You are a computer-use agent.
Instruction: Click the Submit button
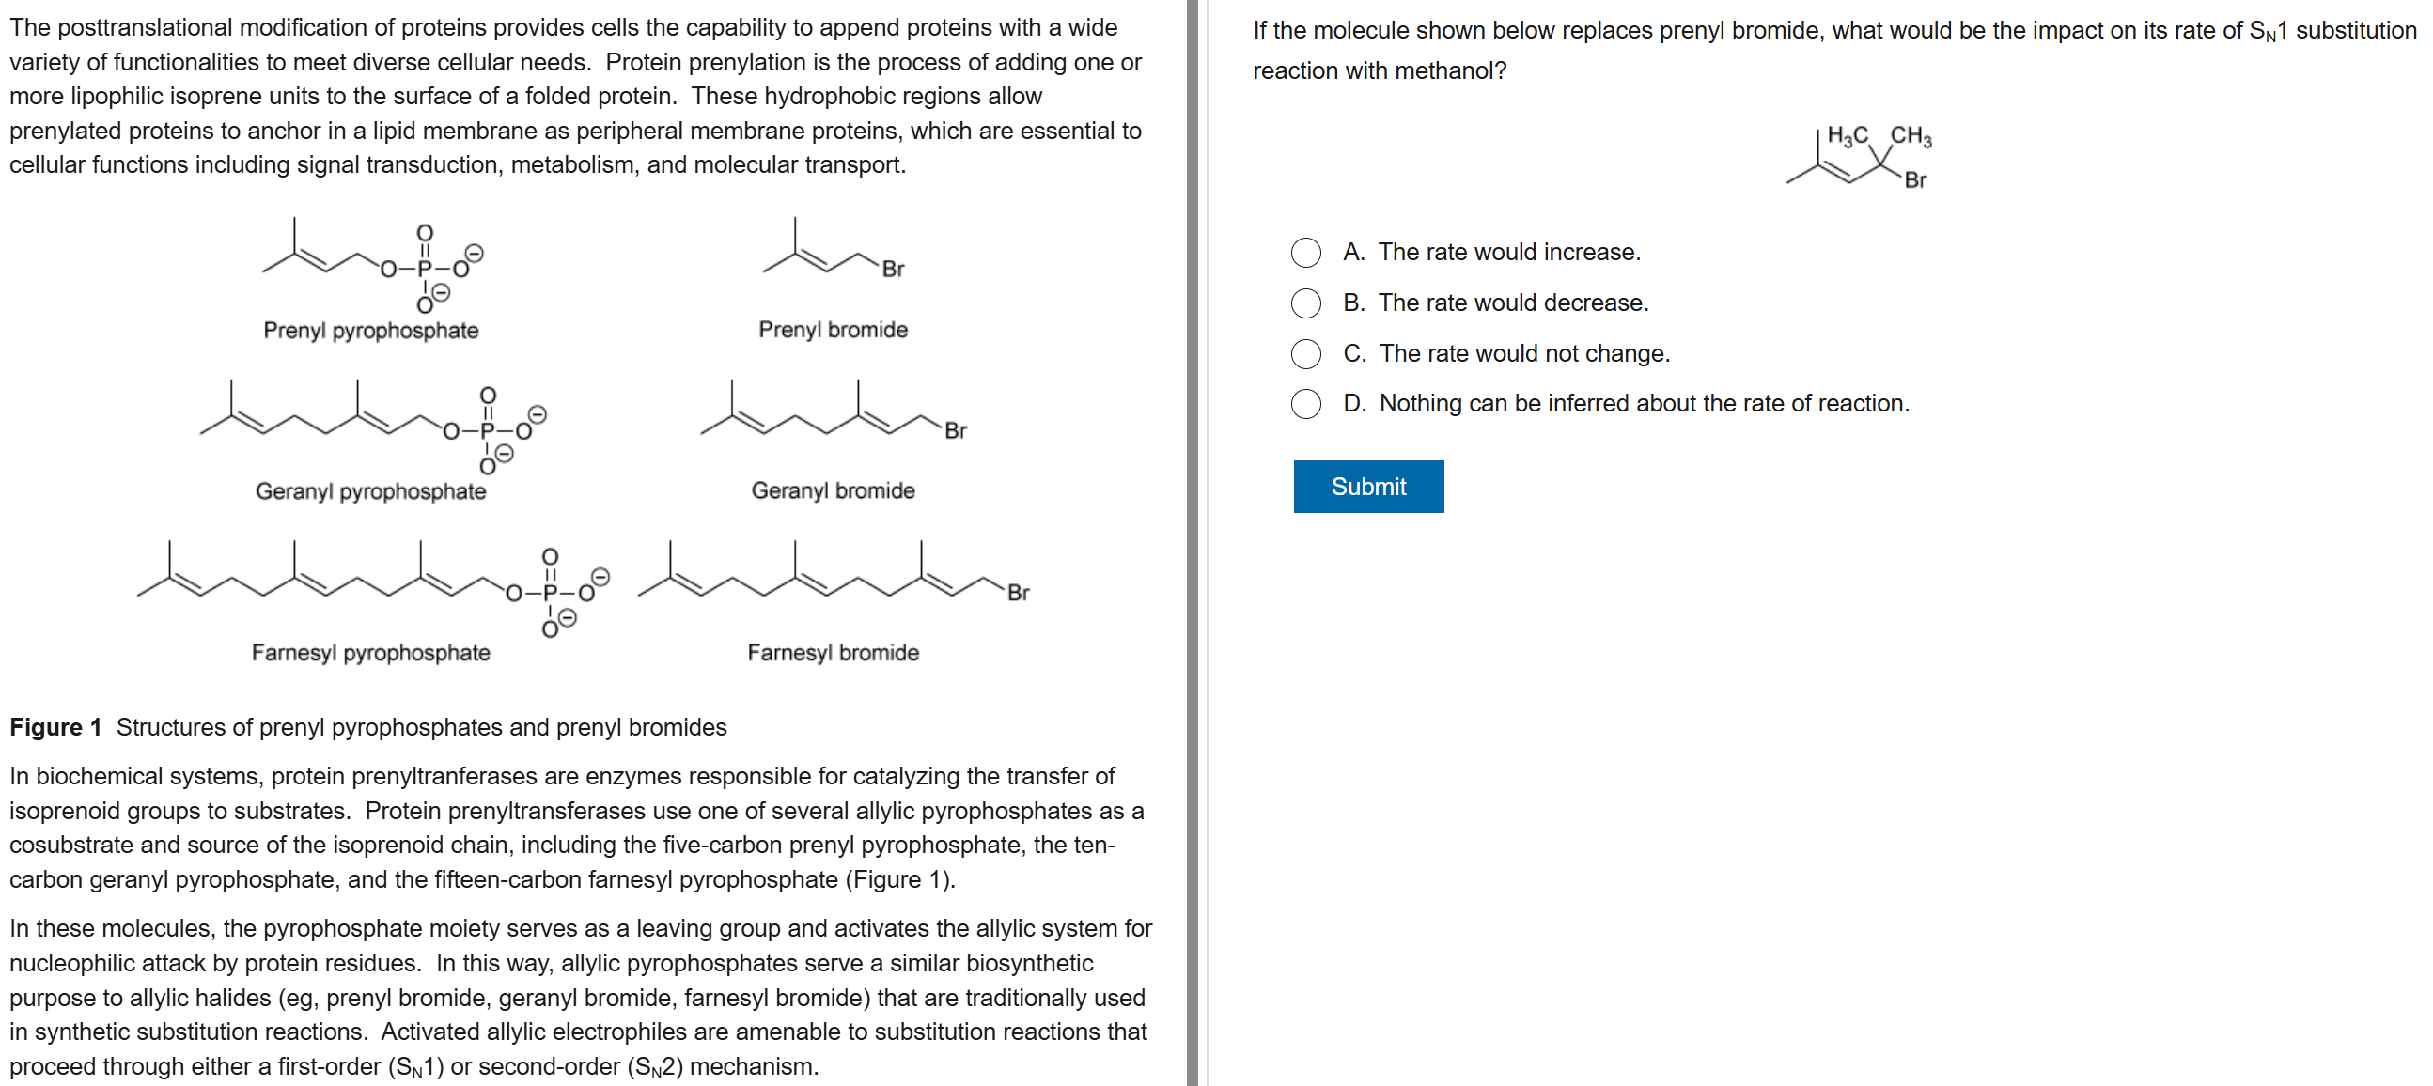pos(1367,487)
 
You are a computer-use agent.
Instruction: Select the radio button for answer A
pos(1305,252)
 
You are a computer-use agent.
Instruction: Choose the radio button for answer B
pos(1305,303)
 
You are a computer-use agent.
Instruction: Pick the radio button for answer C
pos(1305,353)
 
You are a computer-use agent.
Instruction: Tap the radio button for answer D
pos(1305,404)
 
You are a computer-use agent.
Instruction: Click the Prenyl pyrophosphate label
pos(370,331)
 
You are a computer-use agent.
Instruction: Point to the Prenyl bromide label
pos(832,330)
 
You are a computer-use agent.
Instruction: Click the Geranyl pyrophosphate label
pos(370,491)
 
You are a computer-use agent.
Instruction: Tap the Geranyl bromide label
pos(832,490)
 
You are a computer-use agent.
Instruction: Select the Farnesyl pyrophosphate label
pos(370,653)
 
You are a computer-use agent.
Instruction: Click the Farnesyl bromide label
pos(832,653)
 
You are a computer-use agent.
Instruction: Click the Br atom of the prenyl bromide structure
pos(893,269)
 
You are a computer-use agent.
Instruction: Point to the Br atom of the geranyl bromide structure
pos(955,430)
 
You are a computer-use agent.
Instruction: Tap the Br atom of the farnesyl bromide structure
pos(1017,592)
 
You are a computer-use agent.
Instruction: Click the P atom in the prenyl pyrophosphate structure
pos(424,269)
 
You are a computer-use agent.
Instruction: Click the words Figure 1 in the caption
pos(55,727)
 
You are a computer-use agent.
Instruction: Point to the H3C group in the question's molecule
pos(1847,136)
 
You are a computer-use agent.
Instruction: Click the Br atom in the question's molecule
pos(1914,179)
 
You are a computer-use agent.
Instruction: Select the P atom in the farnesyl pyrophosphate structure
pos(550,593)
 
